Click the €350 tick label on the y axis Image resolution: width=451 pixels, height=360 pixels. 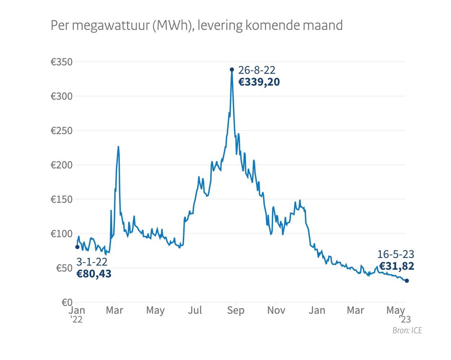point(61,62)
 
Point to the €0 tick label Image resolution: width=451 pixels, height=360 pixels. point(67,302)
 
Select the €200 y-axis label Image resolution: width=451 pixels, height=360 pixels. point(61,165)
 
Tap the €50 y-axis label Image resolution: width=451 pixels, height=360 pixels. point(64,268)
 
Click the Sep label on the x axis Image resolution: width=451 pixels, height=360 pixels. point(236,310)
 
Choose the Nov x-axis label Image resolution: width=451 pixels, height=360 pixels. point(276,310)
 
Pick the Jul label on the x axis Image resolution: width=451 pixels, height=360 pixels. point(195,310)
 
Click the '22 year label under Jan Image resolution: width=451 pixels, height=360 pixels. point(76,319)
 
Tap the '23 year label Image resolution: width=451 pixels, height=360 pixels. point(405,319)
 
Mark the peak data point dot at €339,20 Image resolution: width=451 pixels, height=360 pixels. point(232,70)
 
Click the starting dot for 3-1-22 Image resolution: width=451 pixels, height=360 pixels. point(77,247)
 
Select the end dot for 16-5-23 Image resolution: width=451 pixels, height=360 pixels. point(407,281)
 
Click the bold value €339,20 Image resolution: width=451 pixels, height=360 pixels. point(259,82)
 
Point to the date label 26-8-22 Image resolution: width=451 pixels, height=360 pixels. point(257,70)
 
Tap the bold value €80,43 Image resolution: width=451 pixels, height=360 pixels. point(94,274)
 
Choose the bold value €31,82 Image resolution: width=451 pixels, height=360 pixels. point(397,266)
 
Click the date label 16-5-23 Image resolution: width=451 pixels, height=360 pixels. point(395,254)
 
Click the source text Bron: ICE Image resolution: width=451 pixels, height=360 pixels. point(407,330)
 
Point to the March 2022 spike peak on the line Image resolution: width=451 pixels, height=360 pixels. point(118,147)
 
